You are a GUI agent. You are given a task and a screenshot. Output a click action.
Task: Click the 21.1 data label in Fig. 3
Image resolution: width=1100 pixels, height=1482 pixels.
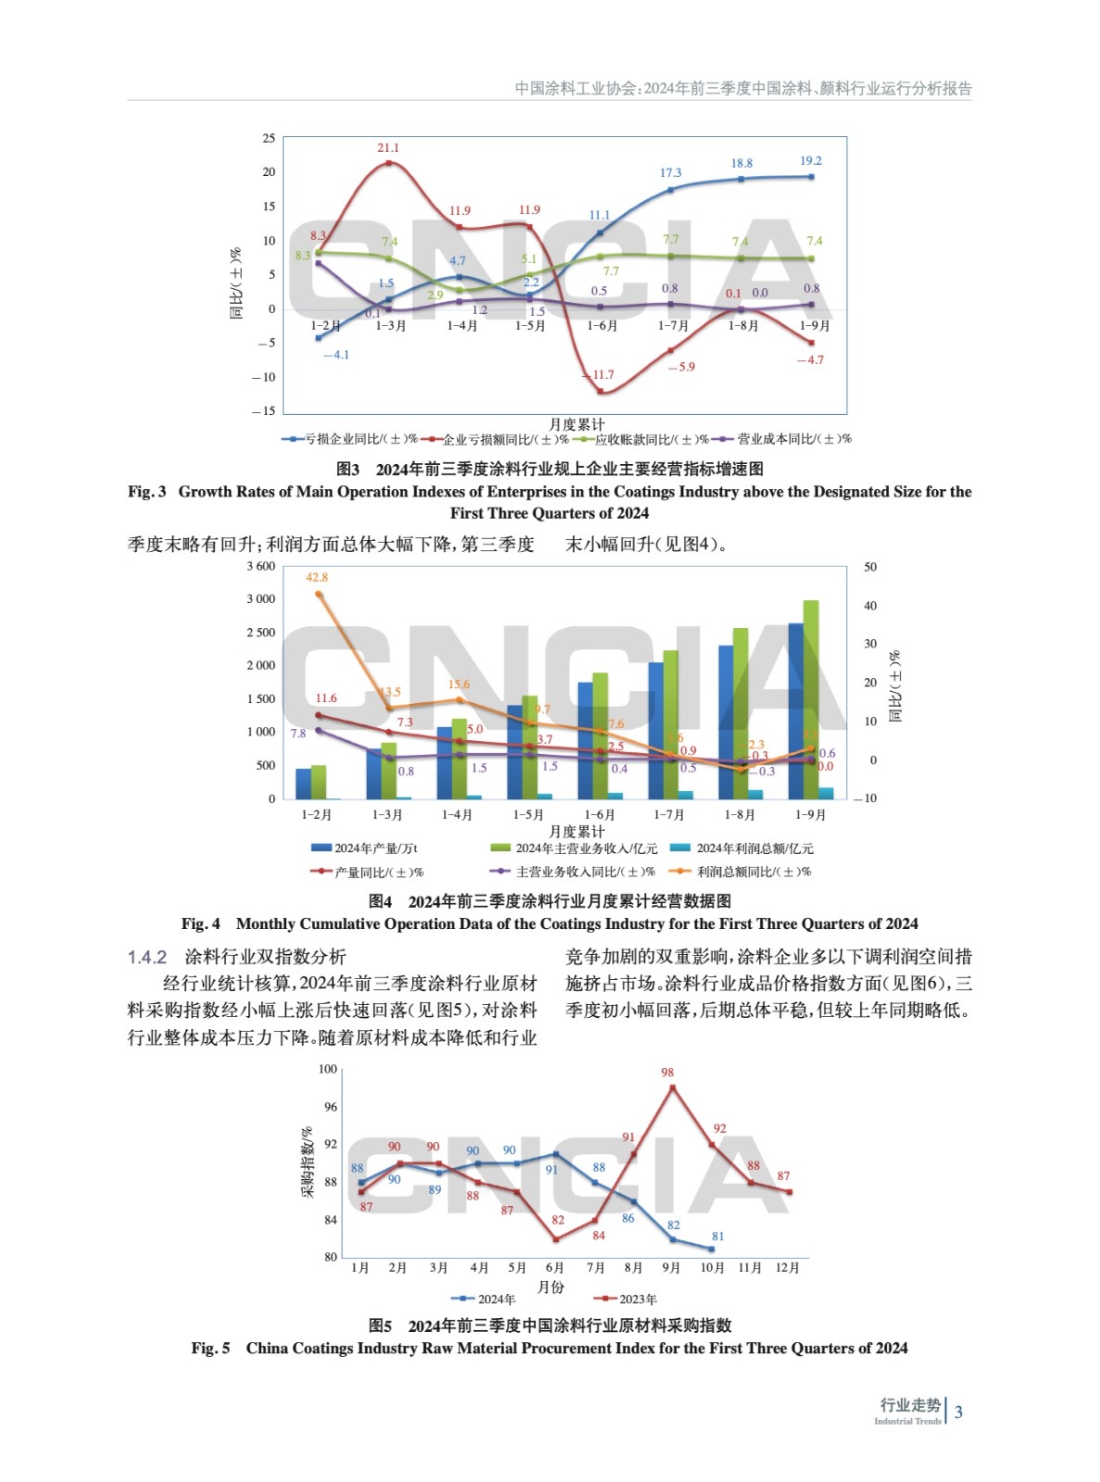(388, 148)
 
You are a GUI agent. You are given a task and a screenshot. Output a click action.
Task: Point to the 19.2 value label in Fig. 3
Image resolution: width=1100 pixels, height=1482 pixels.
(811, 161)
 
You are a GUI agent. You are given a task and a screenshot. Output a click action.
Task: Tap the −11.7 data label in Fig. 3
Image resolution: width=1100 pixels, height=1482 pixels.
(601, 375)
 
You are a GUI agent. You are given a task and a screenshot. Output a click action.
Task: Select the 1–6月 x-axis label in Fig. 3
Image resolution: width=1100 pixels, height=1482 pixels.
(601, 326)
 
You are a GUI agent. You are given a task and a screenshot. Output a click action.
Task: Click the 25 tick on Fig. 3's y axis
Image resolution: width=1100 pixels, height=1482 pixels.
(269, 139)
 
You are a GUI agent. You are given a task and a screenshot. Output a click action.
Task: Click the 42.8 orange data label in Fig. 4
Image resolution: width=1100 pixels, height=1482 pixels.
(317, 577)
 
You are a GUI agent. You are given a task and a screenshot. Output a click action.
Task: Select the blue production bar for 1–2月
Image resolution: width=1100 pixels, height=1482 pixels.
(303, 784)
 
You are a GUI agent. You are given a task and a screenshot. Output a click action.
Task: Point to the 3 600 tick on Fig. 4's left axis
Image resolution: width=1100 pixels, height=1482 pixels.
(261, 566)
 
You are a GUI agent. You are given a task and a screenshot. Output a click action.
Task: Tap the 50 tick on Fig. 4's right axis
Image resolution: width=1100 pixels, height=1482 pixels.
(870, 567)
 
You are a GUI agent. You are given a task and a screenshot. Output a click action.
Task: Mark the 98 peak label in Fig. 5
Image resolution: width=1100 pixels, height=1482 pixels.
(667, 1073)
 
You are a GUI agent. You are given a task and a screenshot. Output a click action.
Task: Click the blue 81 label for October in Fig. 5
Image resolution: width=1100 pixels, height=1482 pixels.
(718, 1237)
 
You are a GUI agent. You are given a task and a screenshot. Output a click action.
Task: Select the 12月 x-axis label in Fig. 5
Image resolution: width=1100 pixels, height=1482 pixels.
(787, 1268)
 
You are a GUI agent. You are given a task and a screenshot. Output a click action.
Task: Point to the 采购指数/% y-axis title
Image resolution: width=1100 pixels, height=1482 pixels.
(307, 1162)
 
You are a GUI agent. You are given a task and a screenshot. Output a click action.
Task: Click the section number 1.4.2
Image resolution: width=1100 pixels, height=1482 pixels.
(147, 957)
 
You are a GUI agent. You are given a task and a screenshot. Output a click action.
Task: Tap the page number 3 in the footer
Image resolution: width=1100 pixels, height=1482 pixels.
(959, 1413)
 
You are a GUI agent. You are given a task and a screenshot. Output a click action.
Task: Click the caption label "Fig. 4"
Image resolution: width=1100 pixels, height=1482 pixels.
(201, 923)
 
